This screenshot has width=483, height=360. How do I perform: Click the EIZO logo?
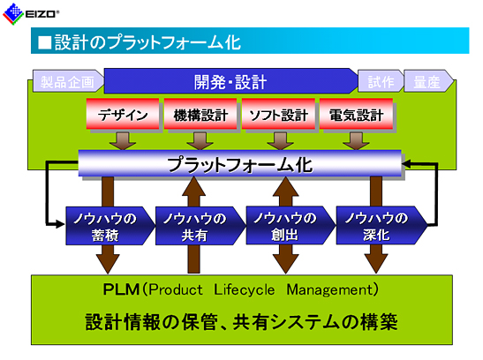tap(30, 13)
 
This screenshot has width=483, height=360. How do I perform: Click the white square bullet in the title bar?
tap(45, 42)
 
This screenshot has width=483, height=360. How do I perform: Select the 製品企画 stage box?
tap(68, 81)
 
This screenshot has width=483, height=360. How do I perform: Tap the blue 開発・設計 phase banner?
tap(230, 81)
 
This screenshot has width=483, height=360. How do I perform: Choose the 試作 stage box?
tap(381, 81)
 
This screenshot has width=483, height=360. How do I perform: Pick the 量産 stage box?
tap(428, 81)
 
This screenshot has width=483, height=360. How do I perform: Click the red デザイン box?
tap(123, 114)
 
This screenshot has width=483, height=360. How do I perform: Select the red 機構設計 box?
tap(200, 114)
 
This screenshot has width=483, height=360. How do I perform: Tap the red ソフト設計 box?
tap(278, 114)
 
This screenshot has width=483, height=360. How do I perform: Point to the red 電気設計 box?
tap(356, 114)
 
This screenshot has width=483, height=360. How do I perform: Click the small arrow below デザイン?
tap(123, 141)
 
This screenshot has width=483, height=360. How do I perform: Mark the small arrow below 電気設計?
tap(356, 141)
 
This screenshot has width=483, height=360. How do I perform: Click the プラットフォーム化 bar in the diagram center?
tap(240, 163)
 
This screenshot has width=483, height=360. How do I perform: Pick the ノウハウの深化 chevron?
tap(381, 226)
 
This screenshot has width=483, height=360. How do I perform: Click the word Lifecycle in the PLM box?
tap(244, 289)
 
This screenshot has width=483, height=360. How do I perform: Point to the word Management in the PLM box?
tap(330, 289)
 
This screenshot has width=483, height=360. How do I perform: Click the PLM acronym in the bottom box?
tap(121, 289)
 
